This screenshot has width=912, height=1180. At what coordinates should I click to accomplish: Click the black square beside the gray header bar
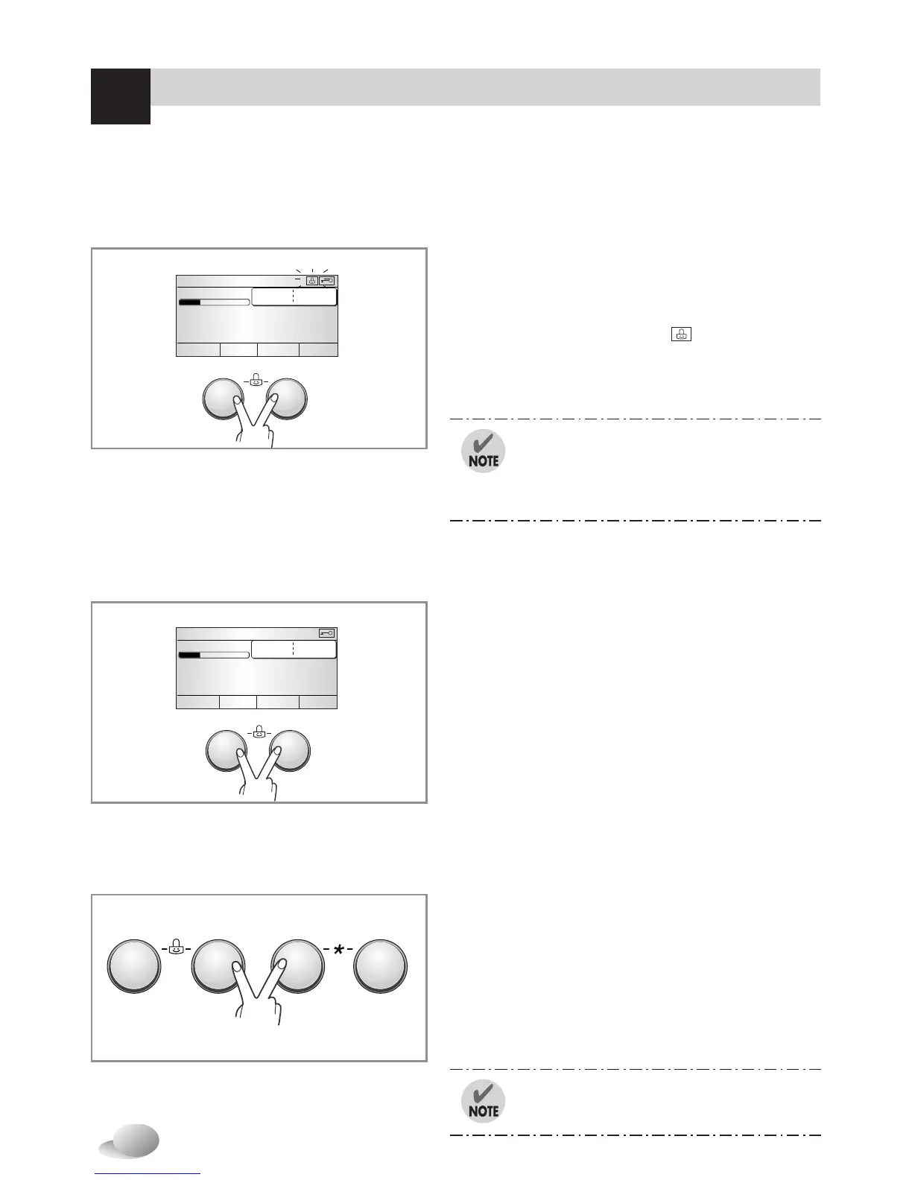(x=120, y=96)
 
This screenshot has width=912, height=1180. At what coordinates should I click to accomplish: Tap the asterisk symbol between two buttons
(x=338, y=950)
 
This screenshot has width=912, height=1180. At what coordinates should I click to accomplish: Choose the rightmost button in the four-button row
(x=381, y=966)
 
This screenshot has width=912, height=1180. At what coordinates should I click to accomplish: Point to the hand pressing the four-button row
(x=258, y=998)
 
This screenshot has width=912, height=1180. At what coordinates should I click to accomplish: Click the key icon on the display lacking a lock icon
(x=326, y=633)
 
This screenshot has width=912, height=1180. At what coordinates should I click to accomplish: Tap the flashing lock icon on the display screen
(x=312, y=281)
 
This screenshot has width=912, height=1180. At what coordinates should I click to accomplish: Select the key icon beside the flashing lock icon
(x=328, y=281)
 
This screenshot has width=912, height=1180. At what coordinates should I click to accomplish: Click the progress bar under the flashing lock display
(x=214, y=302)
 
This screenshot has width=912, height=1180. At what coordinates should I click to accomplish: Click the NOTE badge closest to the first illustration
(x=483, y=451)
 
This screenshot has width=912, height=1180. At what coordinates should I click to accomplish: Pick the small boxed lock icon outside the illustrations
(x=681, y=334)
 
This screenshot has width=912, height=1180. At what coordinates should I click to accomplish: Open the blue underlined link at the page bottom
(x=148, y=1175)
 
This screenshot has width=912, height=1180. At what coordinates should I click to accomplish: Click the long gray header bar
(x=484, y=87)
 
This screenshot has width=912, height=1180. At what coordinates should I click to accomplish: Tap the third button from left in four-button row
(x=297, y=966)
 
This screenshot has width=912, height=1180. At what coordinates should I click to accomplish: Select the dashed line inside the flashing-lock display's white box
(x=293, y=296)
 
